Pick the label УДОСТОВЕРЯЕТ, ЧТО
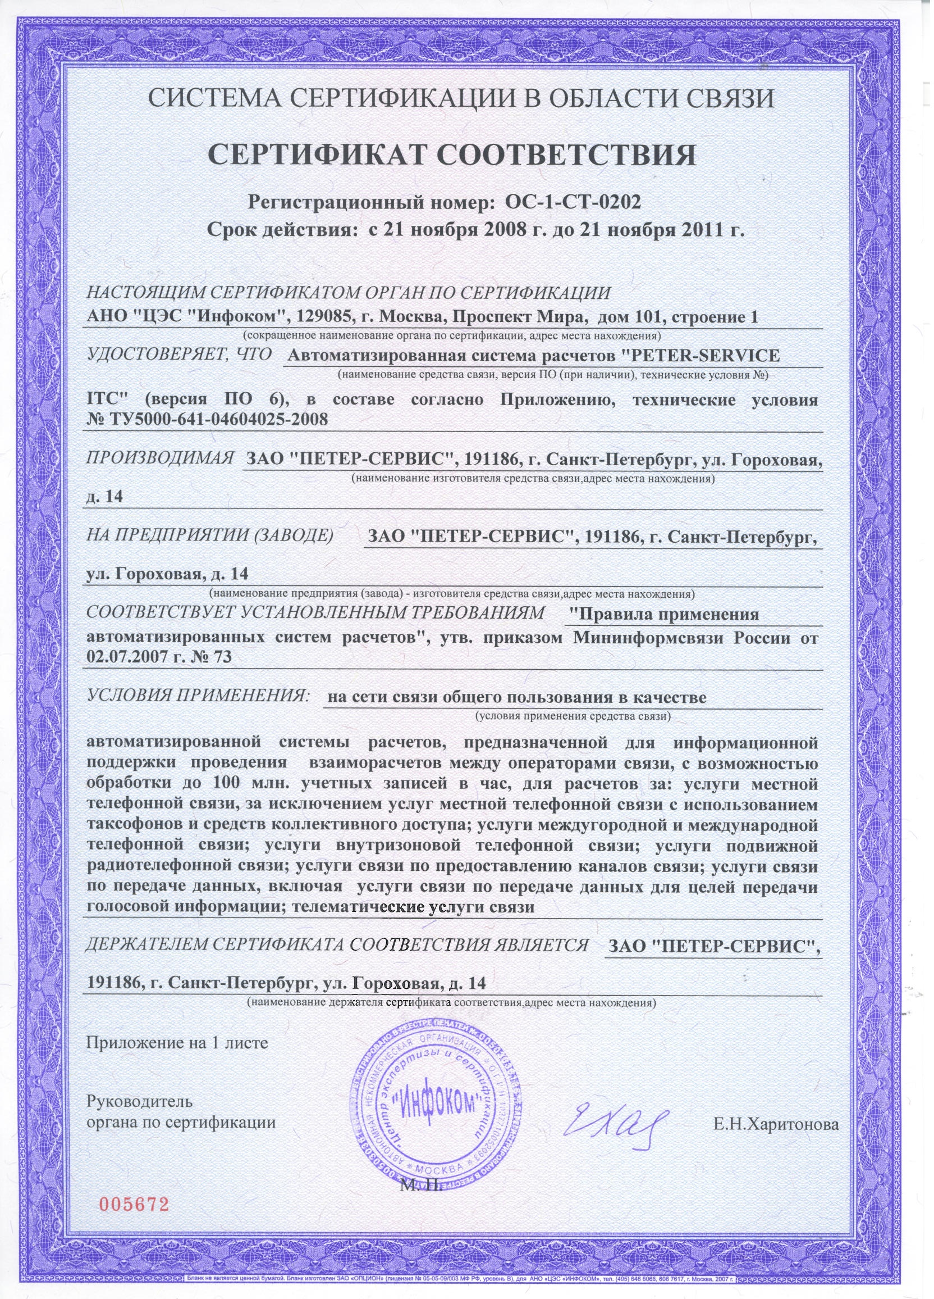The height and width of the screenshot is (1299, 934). (178, 355)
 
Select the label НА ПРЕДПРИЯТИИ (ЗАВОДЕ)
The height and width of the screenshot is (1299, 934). (209, 537)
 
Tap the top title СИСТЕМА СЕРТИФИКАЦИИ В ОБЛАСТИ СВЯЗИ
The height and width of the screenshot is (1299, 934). (461, 98)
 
